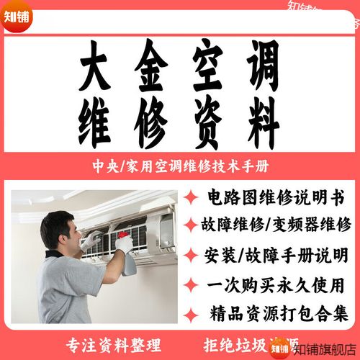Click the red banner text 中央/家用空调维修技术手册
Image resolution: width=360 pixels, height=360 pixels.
[180, 166]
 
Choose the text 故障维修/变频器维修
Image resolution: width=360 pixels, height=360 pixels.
[277, 225]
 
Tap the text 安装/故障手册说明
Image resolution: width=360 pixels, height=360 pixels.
[277, 255]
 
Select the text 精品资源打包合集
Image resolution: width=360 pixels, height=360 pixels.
[277, 313]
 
